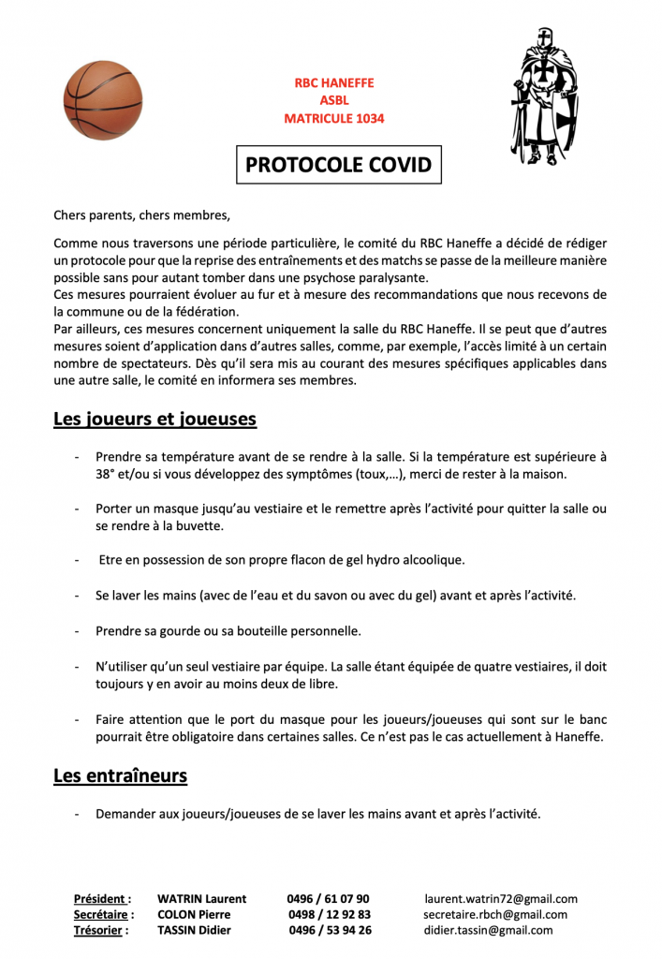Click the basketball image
[x=103, y=100]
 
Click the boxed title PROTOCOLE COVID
[x=338, y=166]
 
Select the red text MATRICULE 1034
[x=334, y=119]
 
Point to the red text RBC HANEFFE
[x=334, y=82]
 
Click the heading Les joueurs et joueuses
[x=154, y=419]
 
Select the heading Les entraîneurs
[x=120, y=775]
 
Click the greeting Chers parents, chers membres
[x=141, y=214]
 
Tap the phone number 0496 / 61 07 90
[x=328, y=898]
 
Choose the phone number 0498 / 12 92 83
[x=330, y=914]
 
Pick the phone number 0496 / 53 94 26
[x=330, y=930]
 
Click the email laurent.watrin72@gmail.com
[x=501, y=898]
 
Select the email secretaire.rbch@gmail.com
[x=495, y=914]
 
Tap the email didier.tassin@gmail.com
[x=488, y=930]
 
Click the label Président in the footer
[x=102, y=898]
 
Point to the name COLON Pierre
[x=194, y=914]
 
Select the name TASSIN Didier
[x=194, y=930]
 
